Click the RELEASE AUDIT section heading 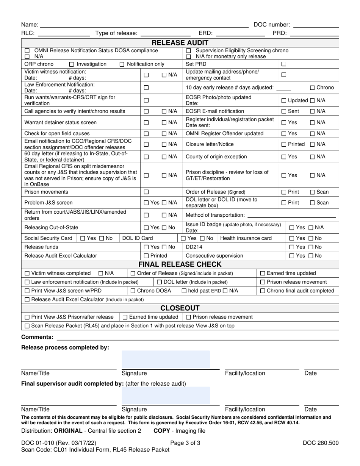click(180, 43)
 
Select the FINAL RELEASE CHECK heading click(180, 264)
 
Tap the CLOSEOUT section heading click(180, 308)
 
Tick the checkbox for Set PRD click(283, 64)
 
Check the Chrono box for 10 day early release click(312, 88)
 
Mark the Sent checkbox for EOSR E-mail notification click(283, 111)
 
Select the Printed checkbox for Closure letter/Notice click(283, 144)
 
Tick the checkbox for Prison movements click(146, 192)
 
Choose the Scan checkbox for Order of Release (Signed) click(312, 192)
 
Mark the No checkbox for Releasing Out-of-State click(164, 228)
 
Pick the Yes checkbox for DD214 click(291, 247)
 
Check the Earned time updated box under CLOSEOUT click(125, 317)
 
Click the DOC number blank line click(316, 25)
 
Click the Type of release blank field click(164, 33)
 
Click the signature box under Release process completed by click(166, 359)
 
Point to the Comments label click(37, 337)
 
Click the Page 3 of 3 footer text click(185, 443)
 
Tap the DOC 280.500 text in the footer click(320, 443)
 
